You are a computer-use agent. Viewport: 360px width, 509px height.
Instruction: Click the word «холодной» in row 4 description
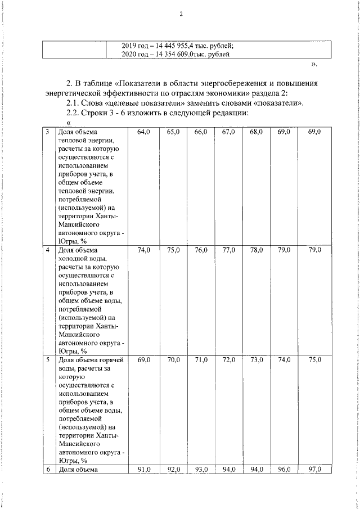[x=74, y=258]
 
